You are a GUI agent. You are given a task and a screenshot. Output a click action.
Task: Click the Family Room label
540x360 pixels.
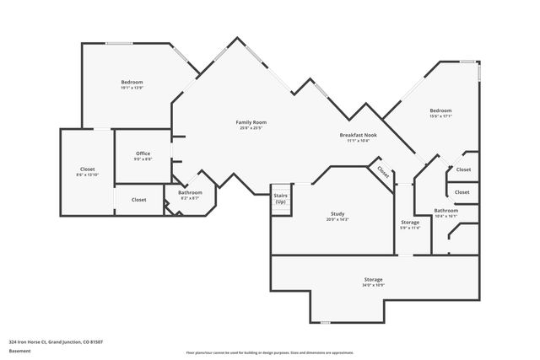click(251, 122)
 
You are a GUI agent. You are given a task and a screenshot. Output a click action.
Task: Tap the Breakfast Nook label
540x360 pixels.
click(358, 135)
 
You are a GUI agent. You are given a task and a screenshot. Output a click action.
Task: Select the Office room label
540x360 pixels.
click(143, 153)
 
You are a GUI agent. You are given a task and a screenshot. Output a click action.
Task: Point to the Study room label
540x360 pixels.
click(337, 214)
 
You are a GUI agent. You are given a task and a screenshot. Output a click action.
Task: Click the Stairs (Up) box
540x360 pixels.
click(280, 199)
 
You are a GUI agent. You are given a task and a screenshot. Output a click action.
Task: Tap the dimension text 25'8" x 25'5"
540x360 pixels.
click(251, 128)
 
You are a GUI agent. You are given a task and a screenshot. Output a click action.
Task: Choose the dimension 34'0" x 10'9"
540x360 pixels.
click(374, 285)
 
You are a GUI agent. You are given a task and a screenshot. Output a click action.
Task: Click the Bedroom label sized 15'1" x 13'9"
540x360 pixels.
click(132, 82)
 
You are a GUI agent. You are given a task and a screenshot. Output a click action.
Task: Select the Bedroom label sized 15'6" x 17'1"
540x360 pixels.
click(440, 110)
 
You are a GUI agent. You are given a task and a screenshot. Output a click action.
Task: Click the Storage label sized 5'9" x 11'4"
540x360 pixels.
click(410, 222)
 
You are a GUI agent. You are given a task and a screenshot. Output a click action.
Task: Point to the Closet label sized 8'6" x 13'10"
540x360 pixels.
click(87, 169)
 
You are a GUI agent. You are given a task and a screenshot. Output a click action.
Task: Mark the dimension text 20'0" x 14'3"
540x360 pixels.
click(337, 219)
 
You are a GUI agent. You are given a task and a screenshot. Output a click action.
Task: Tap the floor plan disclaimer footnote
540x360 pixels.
click(269, 352)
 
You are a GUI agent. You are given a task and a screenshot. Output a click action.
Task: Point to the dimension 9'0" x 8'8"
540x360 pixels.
click(143, 159)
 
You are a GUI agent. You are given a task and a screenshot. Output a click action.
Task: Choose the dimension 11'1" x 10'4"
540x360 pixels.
click(358, 141)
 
